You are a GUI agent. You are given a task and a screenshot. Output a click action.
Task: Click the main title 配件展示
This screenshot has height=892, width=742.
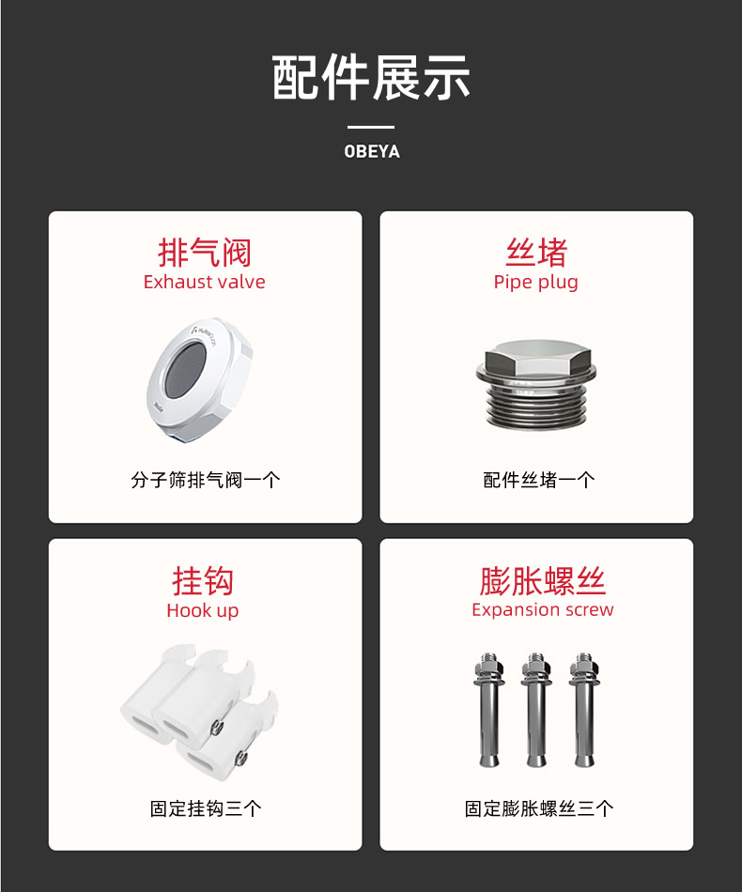371,77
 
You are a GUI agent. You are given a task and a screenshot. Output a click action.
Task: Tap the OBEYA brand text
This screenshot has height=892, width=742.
372,151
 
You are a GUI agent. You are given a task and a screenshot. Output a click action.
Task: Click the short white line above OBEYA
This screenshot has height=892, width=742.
371,127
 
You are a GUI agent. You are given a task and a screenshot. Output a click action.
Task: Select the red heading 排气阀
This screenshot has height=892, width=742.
204,253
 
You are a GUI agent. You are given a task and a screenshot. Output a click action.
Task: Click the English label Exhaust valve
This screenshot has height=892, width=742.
204,282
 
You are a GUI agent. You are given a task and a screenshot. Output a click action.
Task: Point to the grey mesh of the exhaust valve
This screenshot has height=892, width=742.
186,370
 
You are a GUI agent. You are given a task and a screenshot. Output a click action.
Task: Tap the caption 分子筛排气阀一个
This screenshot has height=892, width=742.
205,480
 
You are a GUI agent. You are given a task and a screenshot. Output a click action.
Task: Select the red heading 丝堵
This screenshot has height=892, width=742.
536,253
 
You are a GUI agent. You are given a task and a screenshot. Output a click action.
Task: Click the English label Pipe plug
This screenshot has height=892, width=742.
536,283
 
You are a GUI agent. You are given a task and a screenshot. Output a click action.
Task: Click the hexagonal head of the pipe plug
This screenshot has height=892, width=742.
536,359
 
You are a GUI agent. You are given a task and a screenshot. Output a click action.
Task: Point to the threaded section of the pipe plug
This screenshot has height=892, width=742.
536,405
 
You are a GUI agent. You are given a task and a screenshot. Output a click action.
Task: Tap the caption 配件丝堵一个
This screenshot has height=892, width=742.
539,480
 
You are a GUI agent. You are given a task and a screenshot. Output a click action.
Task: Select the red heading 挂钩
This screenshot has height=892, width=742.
203,581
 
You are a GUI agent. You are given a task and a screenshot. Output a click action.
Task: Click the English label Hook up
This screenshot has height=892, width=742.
203,610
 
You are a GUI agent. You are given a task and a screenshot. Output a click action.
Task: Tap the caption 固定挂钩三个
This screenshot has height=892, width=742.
206,808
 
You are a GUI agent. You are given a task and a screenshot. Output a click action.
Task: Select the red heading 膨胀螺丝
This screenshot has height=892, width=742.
542,581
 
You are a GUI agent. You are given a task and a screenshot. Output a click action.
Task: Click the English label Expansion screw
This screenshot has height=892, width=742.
542,609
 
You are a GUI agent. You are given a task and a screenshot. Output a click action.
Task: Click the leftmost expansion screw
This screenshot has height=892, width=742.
489,710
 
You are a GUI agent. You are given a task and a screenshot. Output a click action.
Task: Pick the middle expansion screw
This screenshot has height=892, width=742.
536,710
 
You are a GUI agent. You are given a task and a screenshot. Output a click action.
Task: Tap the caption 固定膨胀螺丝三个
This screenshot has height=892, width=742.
539,808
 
